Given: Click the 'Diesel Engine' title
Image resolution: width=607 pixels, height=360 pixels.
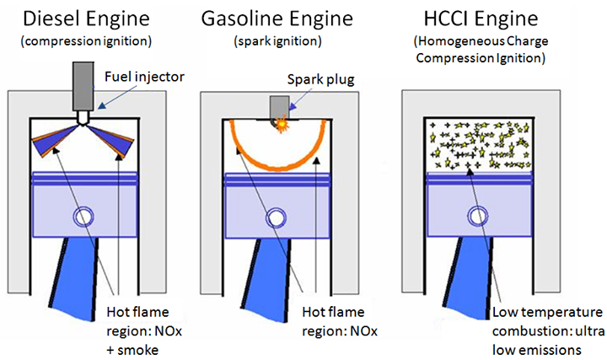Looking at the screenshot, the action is coord(86,19).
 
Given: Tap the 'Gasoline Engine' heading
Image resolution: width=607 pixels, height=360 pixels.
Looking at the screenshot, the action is coord(277,19).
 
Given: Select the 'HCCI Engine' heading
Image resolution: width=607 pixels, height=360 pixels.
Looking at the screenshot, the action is coord(481,19).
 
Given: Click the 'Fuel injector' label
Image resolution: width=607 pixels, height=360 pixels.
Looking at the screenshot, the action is coord(144,77).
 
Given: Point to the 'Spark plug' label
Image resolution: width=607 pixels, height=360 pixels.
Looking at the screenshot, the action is coord(320,79).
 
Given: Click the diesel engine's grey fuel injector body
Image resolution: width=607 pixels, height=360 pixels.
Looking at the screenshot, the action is coord(83,86).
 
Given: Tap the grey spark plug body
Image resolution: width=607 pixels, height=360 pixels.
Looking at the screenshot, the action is coord(280,108).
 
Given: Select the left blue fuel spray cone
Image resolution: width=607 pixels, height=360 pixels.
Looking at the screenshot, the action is coord(55,140).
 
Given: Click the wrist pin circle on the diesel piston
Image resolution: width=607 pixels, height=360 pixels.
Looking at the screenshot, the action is coord(83,218).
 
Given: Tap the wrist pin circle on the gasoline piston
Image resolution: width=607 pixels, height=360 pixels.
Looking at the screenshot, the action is coord(276,218).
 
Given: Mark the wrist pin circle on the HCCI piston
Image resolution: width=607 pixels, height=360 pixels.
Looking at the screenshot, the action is coord(478,217).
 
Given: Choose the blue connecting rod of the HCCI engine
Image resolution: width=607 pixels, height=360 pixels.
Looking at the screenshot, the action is coord(470,277).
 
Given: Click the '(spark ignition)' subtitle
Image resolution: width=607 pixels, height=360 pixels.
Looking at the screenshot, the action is coord(277,41).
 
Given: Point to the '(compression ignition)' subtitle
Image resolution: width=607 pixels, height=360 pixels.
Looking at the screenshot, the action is coord(86,41).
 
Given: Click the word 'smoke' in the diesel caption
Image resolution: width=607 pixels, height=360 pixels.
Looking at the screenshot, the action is coord(137,351).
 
